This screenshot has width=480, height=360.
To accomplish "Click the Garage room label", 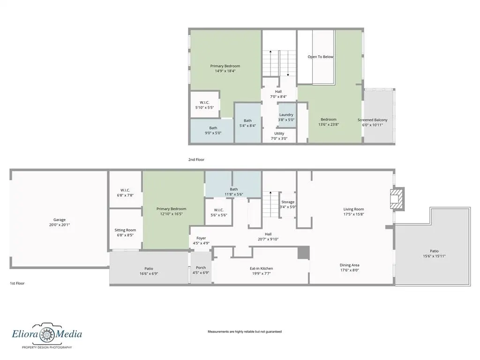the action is (60, 219).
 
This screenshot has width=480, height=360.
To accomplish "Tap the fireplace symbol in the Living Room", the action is (397, 199).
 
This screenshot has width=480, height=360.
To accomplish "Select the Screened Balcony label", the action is (372, 120).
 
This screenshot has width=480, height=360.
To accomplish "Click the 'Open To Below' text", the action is (320, 57).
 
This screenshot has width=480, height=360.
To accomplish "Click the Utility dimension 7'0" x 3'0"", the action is (279, 138).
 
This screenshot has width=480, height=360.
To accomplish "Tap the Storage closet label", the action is (288, 202).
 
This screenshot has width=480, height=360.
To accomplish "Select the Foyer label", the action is (201, 238).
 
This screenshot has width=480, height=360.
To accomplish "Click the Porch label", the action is (201, 268).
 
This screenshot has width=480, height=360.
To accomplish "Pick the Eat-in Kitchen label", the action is (262, 269).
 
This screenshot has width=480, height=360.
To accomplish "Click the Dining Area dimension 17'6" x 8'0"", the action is (349, 270).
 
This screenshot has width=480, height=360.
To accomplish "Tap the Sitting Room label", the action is (125, 230).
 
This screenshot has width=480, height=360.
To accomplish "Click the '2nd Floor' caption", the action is (196, 159).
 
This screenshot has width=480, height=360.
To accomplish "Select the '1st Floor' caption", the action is (17, 283).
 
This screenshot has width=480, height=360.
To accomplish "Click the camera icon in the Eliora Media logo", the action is (46, 333).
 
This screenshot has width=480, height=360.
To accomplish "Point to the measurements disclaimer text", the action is (245, 331).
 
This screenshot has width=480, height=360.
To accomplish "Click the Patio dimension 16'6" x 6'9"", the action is (149, 274).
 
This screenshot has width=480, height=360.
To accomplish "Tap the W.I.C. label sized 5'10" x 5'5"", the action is (204, 103).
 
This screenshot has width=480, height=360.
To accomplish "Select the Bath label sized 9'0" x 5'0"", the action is (213, 128).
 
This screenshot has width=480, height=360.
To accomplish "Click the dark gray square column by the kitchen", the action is (304, 253).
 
